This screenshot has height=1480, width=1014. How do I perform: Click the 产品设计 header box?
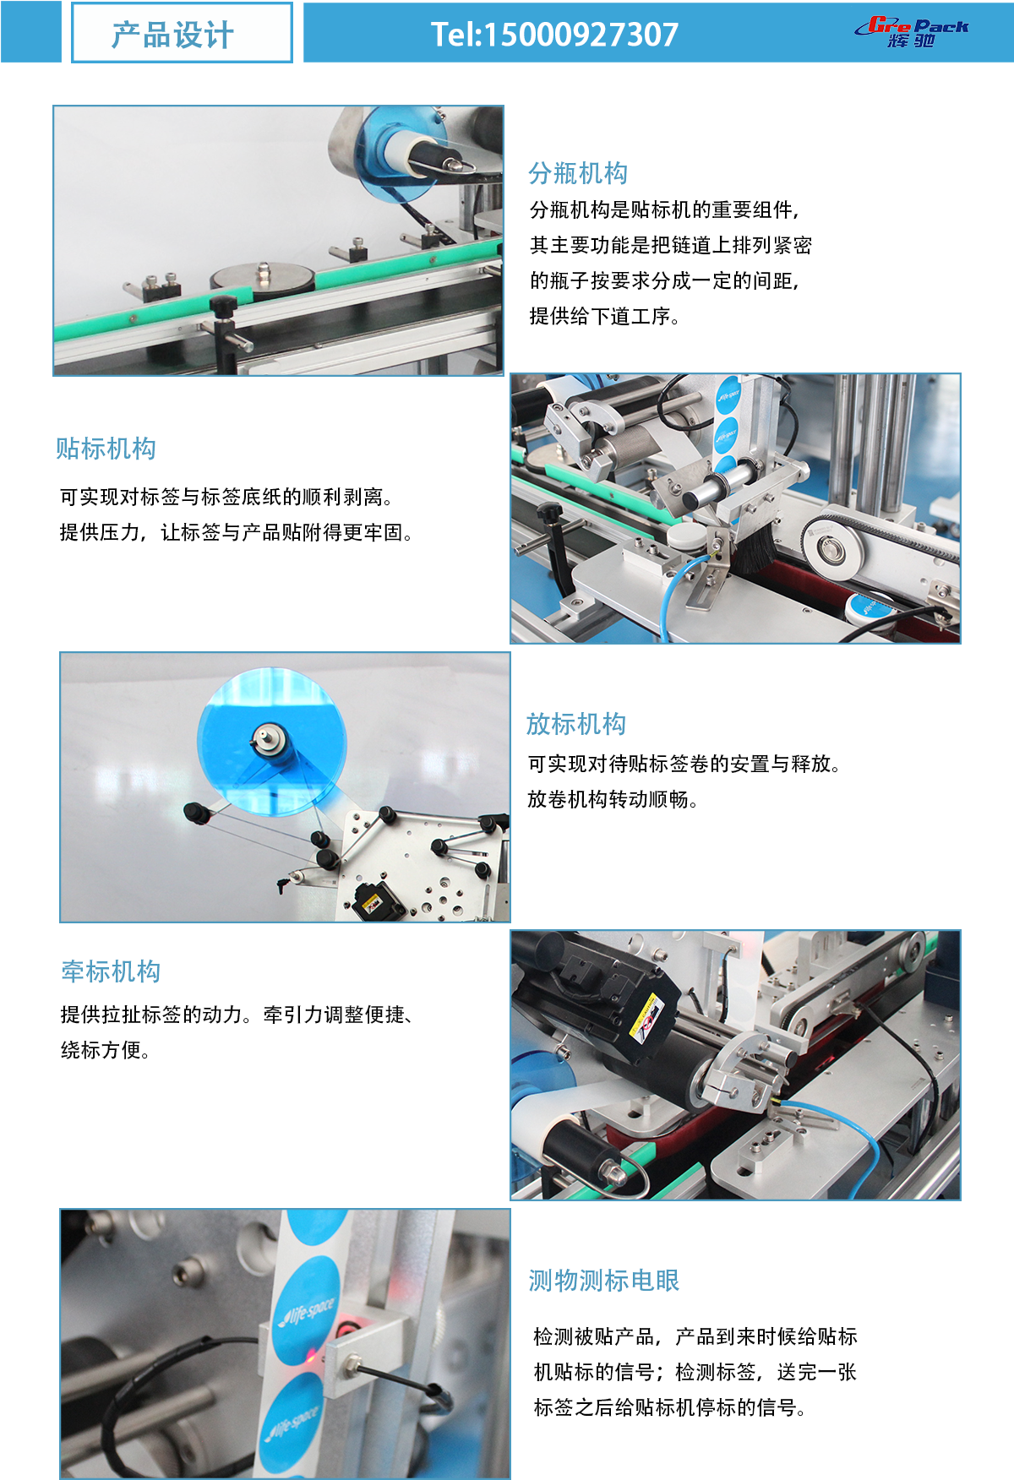pyautogui.click(x=182, y=34)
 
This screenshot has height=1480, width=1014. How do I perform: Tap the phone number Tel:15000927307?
pyautogui.click(x=554, y=35)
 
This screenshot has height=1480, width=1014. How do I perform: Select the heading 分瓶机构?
pyautogui.click(x=578, y=173)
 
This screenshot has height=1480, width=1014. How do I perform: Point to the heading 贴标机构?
pyautogui.click(x=106, y=449)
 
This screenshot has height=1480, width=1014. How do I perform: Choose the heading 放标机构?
pyautogui.click(x=576, y=724)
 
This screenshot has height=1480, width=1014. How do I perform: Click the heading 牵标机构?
pyautogui.click(x=111, y=971)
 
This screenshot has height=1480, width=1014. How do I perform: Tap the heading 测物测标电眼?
pyautogui.click(x=603, y=1281)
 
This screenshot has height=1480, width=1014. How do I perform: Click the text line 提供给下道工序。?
pyautogui.click(x=605, y=317)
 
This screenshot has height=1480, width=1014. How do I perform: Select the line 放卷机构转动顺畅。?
pyautogui.click(x=613, y=799)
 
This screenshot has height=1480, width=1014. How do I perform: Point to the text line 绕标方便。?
pyautogui.click(x=106, y=1050)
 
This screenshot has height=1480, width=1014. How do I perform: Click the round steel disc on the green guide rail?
pyautogui.click(x=262, y=276)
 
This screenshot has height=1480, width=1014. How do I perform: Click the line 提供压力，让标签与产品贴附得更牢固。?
pyautogui.click(x=236, y=533)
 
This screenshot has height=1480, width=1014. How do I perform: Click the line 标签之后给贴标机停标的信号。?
pyautogui.click(x=670, y=1407)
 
